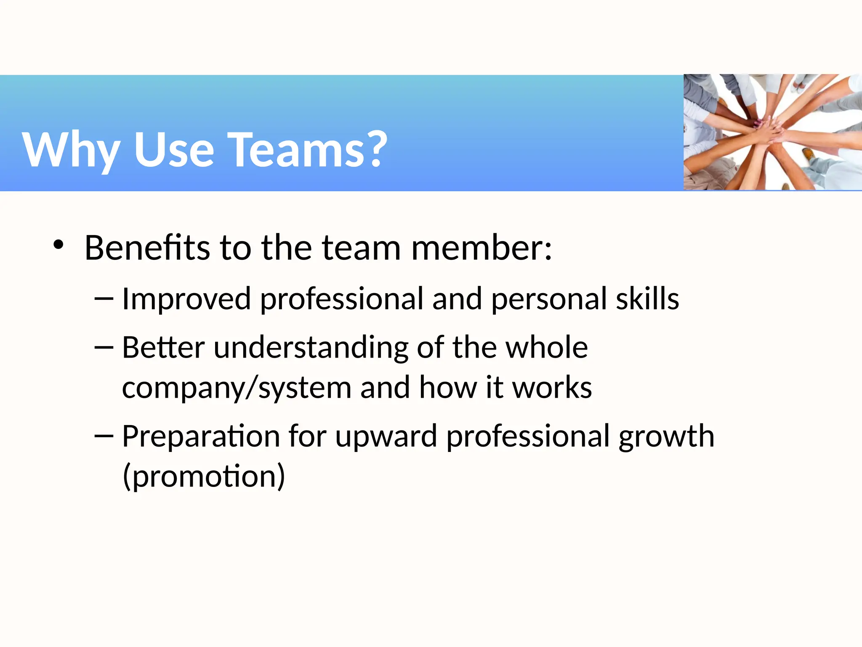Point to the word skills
click(x=647, y=298)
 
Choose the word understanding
click(x=311, y=348)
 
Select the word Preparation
click(x=201, y=436)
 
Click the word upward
click(x=386, y=436)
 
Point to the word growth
click(x=666, y=436)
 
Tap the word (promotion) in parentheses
click(x=204, y=476)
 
